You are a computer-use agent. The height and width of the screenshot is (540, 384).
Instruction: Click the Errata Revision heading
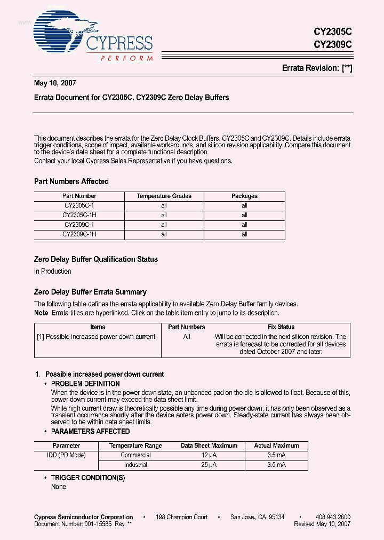[x=317, y=68]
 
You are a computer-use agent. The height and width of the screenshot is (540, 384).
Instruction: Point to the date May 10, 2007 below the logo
[x=55, y=83]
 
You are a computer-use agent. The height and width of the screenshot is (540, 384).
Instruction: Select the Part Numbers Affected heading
[x=71, y=181]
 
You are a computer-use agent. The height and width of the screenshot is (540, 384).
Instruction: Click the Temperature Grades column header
[x=164, y=196]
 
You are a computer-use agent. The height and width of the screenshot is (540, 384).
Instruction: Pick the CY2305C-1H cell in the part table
[x=79, y=215]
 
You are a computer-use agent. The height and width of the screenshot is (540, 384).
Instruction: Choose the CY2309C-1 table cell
[x=79, y=225]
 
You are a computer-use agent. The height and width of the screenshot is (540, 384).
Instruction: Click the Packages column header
[x=244, y=196]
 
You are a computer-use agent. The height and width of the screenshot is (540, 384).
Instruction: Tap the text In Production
[x=53, y=271]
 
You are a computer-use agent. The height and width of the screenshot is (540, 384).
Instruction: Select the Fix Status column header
[x=281, y=327]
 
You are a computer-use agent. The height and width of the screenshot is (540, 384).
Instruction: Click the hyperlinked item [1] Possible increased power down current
[x=97, y=337]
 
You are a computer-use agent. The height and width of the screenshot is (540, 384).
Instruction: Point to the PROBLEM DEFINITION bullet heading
[x=85, y=384]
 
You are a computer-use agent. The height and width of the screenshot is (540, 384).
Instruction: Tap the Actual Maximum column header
[x=277, y=446]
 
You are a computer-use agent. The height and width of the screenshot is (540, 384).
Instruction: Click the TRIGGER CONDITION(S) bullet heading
[x=87, y=478]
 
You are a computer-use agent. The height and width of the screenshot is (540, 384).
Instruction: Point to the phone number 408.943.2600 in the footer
[x=333, y=517]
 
